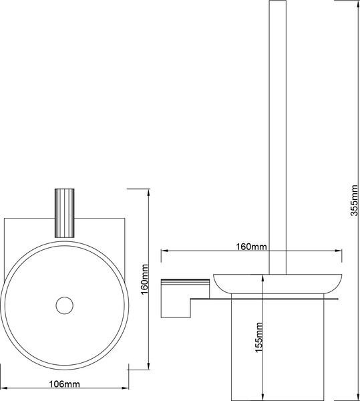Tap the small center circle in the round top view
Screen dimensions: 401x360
click(x=64, y=305)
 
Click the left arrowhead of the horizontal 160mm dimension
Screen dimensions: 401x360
click(x=164, y=252)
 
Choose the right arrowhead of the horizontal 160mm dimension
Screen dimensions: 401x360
click(x=343, y=252)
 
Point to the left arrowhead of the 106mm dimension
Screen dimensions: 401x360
click(x=3, y=389)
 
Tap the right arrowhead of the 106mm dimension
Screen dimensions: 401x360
click(x=127, y=389)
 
